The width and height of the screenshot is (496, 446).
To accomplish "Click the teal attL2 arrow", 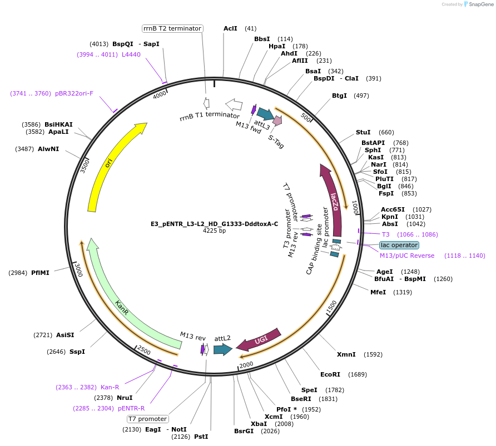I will click(222, 349).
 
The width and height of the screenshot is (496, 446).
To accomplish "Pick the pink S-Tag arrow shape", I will click(277, 120).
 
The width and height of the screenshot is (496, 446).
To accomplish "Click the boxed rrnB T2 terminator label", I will click(172, 28).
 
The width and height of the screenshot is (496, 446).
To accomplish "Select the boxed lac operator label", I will click(399, 245).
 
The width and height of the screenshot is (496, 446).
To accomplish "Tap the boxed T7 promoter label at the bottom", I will click(147, 419).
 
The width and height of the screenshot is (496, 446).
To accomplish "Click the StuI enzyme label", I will click(363, 132).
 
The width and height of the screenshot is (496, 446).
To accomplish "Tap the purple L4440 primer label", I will click(131, 54).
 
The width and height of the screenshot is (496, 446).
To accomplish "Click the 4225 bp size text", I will click(214, 230).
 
